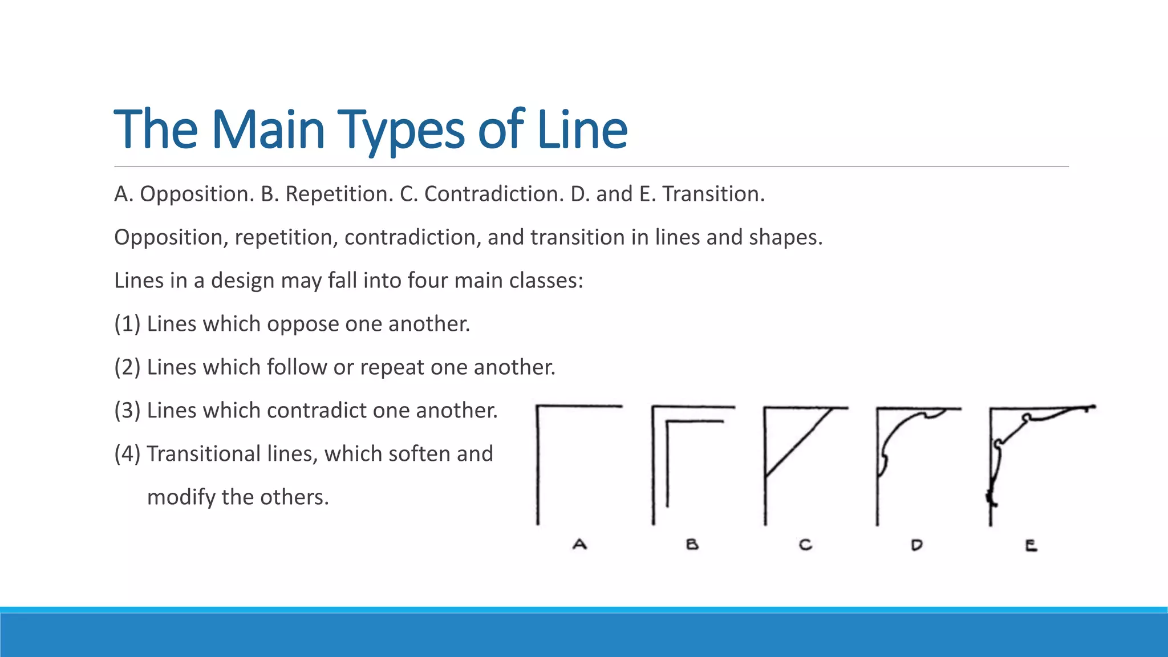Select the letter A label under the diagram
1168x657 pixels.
pos(579,545)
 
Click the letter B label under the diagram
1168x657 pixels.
pos(692,545)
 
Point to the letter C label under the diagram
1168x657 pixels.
pos(805,545)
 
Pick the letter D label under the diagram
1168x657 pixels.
pos(916,545)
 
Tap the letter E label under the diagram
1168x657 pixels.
pos(1031,546)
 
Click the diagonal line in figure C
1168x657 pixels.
pos(797,442)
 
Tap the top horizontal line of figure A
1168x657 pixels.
pos(579,407)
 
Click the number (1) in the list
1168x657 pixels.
pos(127,324)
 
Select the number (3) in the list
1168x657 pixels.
pos(127,411)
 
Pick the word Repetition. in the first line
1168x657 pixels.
pos(339,194)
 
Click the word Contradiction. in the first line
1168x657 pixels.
pos(494,194)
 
